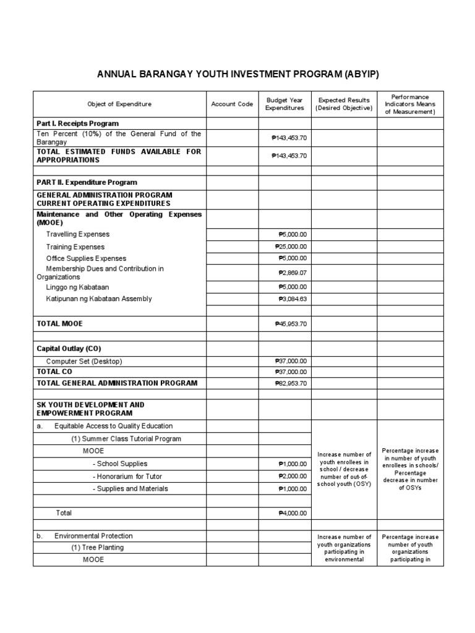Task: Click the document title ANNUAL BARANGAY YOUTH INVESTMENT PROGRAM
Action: click(237, 75)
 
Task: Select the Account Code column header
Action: click(232, 104)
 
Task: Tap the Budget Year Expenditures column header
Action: click(285, 104)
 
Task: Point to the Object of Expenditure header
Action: click(119, 104)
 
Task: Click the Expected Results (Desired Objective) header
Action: click(344, 104)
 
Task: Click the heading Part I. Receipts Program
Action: click(78, 124)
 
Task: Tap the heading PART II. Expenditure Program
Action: click(87, 182)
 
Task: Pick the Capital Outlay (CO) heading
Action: click(69, 349)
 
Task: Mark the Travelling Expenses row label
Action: click(77, 234)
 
